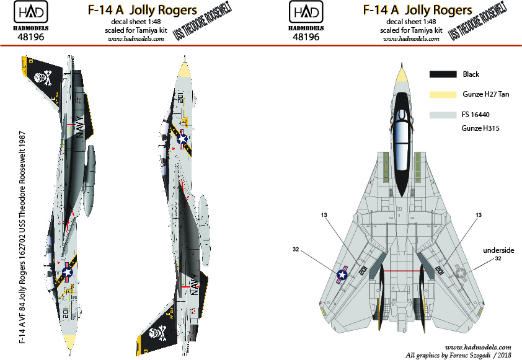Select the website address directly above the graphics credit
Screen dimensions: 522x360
(478, 347)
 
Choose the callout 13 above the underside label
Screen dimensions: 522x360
(478, 214)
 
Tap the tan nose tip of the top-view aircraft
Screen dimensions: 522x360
(401, 76)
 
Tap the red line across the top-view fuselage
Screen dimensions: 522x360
(401, 271)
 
